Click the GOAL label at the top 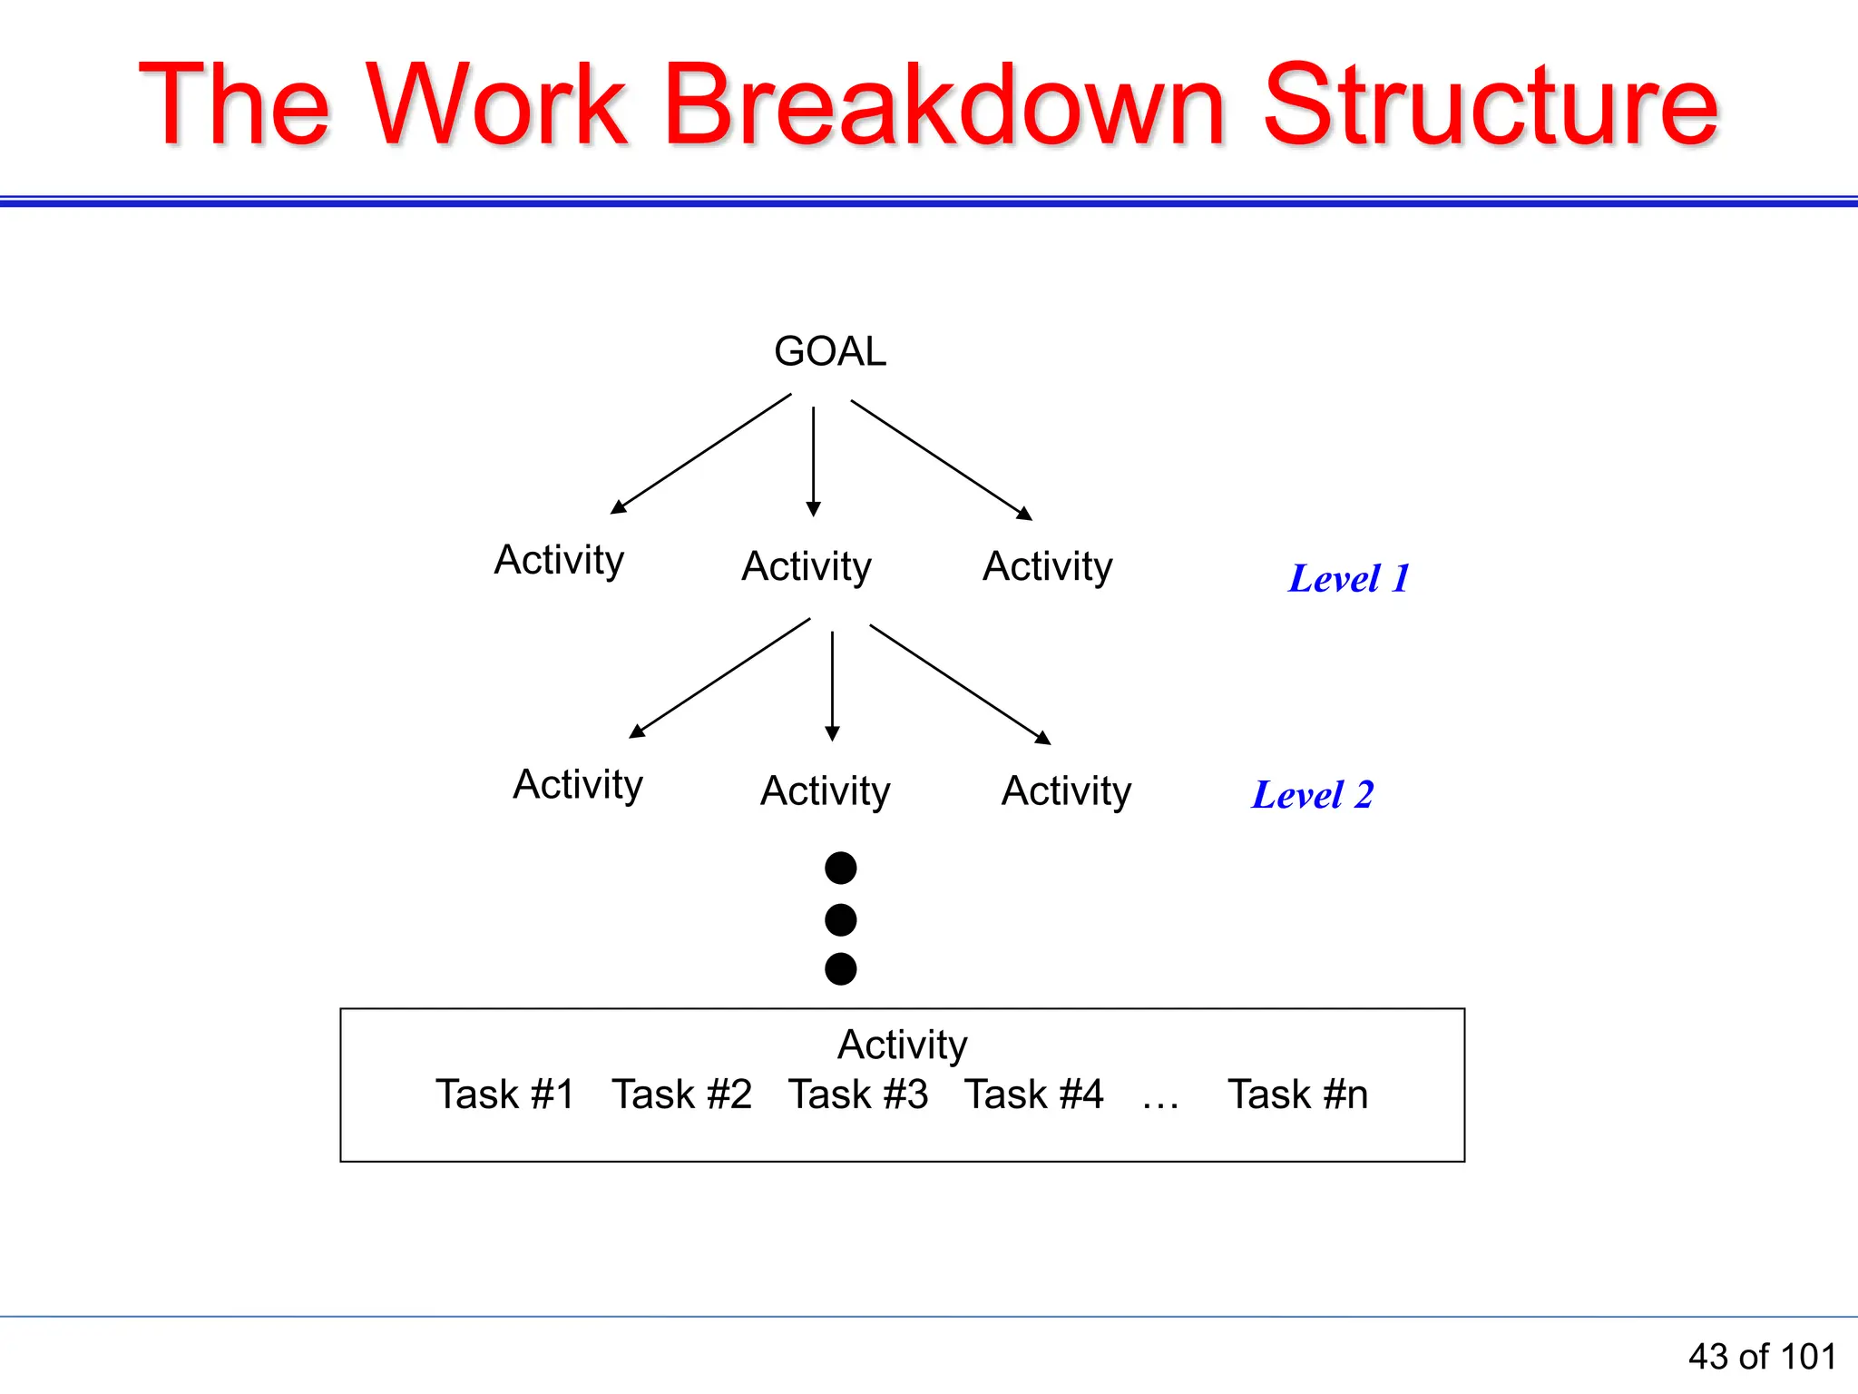click(829, 351)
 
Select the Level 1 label click(1349, 578)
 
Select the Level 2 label click(1313, 794)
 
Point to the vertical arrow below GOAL click(814, 460)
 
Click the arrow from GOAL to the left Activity click(701, 453)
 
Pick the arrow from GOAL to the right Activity click(941, 459)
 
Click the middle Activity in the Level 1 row click(807, 566)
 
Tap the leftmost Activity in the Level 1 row click(559, 560)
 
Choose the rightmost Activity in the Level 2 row click(1066, 790)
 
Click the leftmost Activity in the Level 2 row click(578, 784)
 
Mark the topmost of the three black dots click(841, 868)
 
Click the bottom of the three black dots click(841, 968)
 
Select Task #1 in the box click(504, 1094)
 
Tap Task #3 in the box click(858, 1094)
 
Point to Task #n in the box click(1297, 1094)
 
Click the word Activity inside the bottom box click(902, 1045)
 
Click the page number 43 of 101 click(1762, 1357)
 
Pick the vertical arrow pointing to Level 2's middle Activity click(833, 685)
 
